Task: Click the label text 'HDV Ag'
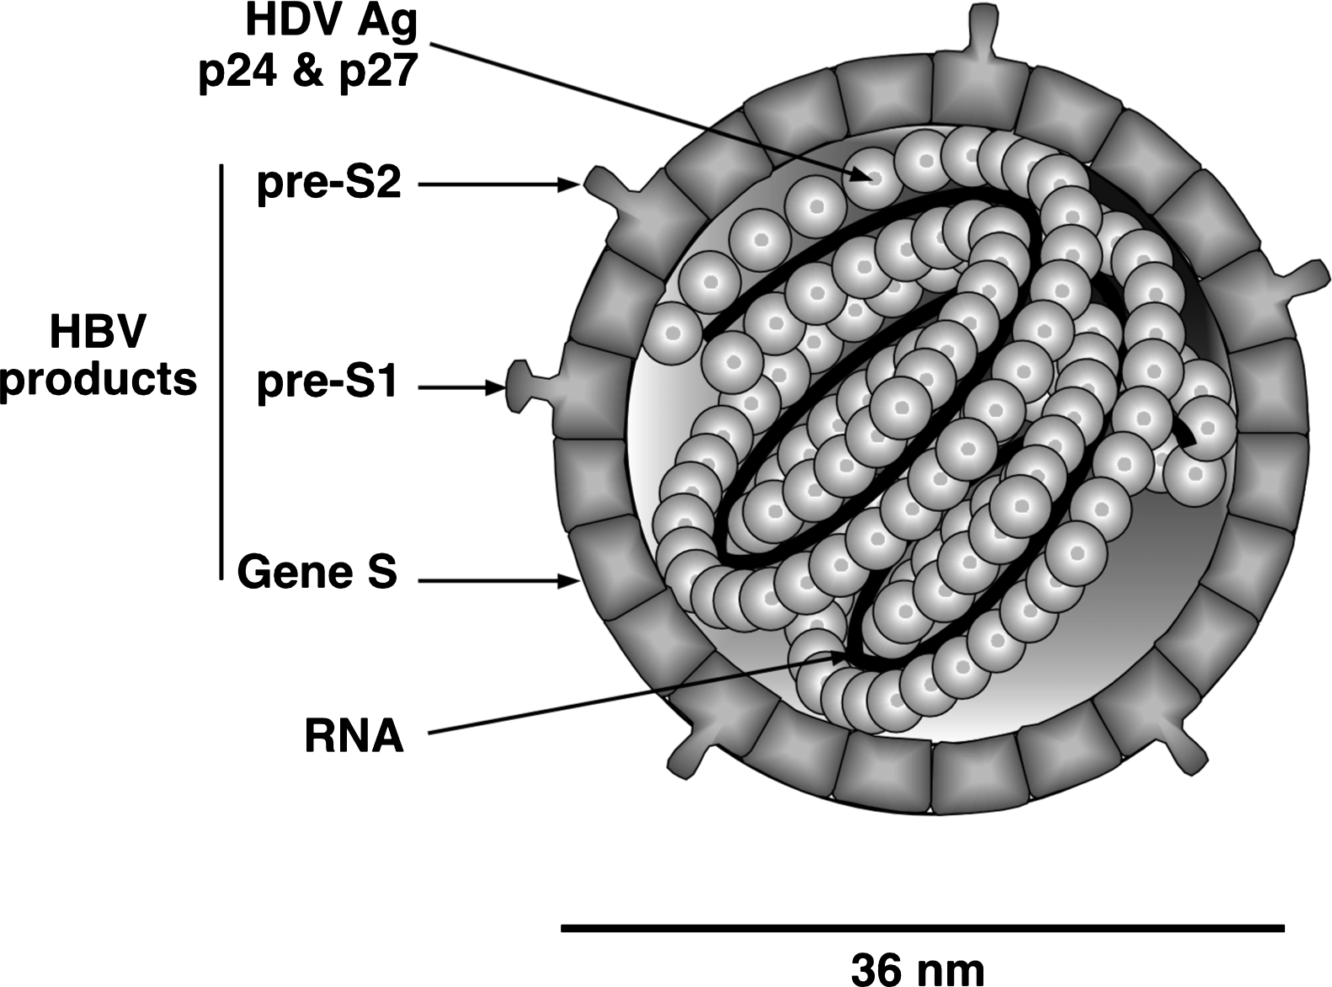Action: (331, 22)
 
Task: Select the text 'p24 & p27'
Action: (308, 72)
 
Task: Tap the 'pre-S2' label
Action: (329, 184)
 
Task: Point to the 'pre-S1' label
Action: (328, 386)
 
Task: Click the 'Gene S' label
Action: (317, 573)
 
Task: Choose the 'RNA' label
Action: (354, 736)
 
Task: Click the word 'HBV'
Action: (97, 332)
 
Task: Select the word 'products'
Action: (99, 380)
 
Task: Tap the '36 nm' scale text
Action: (917, 968)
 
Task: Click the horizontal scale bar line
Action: (922, 929)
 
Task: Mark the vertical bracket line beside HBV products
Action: (221, 371)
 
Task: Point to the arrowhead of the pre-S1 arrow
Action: (497, 387)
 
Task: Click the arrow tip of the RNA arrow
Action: (842, 654)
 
